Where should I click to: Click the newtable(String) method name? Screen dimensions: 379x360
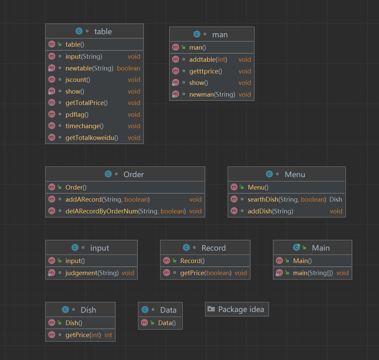click(89, 68)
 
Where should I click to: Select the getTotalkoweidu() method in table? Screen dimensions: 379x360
click(92, 138)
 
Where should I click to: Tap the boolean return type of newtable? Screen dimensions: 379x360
click(129, 68)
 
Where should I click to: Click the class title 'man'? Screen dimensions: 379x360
click(220, 35)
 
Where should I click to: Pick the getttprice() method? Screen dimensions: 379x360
click(205, 71)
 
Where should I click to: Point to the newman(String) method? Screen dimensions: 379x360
click(212, 94)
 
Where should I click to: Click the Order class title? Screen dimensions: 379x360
click(134, 174)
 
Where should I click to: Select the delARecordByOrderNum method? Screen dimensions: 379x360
click(125, 211)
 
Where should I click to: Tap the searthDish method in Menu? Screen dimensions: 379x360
click(286, 199)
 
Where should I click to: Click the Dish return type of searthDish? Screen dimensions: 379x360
click(335, 199)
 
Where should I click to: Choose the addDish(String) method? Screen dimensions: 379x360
click(270, 211)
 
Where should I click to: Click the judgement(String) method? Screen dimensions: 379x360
click(92, 273)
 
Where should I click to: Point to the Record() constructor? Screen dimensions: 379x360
click(192, 261)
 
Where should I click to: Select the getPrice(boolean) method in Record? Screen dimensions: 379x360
click(205, 273)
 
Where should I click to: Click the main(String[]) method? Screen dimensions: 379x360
click(313, 273)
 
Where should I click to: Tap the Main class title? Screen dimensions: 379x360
click(321, 248)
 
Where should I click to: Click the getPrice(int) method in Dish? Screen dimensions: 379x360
click(83, 335)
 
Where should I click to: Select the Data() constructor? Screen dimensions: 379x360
click(167, 323)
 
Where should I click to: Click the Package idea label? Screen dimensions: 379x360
click(241, 309)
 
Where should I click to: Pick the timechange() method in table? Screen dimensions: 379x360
click(84, 126)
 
